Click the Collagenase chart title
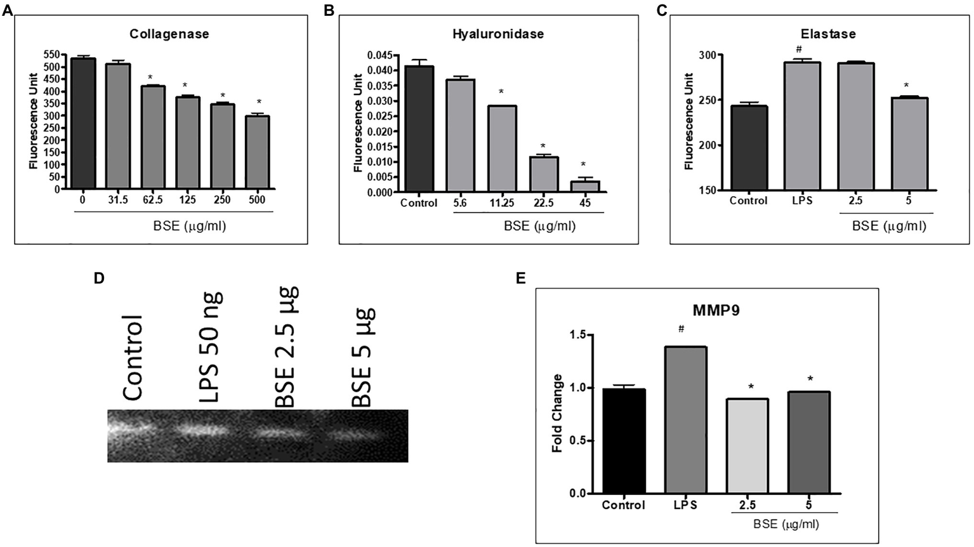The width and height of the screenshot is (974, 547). pos(169,34)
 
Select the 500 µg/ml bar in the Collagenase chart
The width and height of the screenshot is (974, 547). pos(257,152)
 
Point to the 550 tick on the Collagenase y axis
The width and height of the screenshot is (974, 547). pos(52,55)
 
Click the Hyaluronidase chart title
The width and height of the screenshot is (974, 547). pos(497,34)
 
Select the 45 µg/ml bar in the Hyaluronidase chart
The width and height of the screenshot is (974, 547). pos(584,186)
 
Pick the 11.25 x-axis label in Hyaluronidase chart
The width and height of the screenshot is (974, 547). pos(501,203)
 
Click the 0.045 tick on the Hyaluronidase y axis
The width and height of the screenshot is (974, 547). pos(379,55)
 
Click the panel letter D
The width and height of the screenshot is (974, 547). pos(98,278)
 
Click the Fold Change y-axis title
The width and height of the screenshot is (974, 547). pos(557,413)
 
